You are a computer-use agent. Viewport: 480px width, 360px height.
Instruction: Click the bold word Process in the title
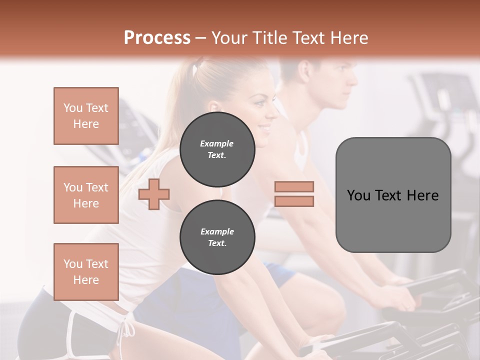point(157,38)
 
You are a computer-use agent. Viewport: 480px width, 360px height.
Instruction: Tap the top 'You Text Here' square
point(86,116)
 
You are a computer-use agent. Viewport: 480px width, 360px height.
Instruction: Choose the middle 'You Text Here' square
point(86,195)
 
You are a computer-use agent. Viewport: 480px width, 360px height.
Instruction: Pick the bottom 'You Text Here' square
point(86,272)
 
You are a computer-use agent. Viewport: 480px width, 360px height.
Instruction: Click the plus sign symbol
point(154,193)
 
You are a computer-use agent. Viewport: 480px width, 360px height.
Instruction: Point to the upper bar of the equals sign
point(294,186)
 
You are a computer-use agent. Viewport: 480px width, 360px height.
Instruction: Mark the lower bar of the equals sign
point(294,201)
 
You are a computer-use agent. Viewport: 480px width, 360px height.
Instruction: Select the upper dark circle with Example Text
point(217,149)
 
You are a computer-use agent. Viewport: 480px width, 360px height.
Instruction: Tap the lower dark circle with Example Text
point(217,237)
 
